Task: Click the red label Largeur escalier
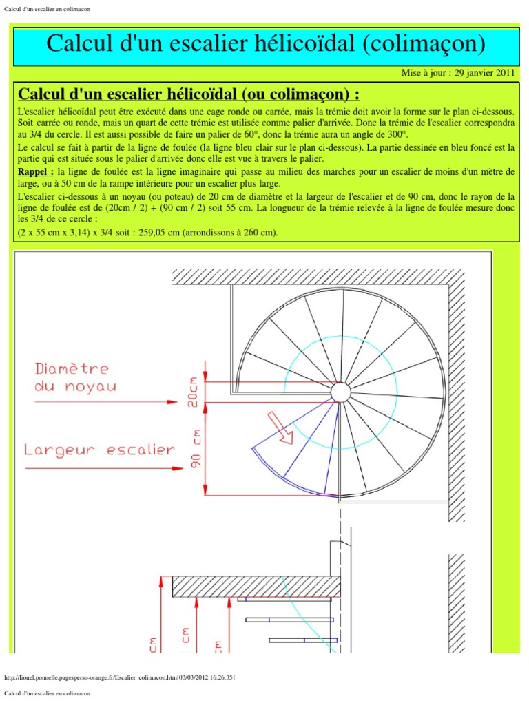coord(99,450)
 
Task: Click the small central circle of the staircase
coord(340,392)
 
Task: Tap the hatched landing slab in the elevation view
coord(256,587)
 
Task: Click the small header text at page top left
coord(47,9)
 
